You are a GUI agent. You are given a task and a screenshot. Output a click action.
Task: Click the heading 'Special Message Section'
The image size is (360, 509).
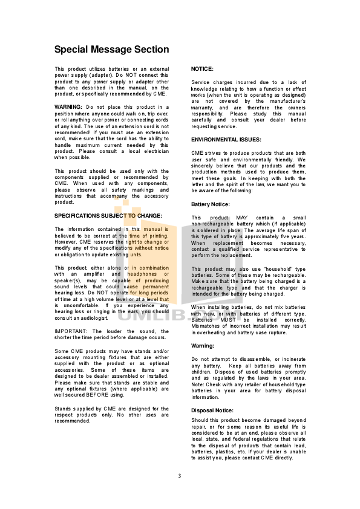point(112,50)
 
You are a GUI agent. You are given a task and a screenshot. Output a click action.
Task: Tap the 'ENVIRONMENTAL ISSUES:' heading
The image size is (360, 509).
point(226,140)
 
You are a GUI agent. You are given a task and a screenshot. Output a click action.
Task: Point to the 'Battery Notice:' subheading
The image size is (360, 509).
point(210,204)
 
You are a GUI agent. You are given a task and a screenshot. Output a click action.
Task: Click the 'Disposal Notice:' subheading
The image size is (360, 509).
point(212,410)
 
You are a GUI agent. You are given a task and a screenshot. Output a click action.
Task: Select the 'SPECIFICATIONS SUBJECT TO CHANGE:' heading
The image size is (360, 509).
point(108,216)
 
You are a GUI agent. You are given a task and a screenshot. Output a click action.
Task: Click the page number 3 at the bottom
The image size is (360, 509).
point(179,476)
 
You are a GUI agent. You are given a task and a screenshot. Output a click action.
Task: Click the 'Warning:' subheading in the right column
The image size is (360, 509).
point(203,346)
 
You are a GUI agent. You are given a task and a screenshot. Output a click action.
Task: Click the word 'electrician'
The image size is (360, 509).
point(157,151)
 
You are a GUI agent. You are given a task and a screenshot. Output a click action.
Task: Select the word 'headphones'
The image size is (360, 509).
point(142,274)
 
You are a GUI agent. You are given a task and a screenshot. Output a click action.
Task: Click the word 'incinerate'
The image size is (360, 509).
point(293,359)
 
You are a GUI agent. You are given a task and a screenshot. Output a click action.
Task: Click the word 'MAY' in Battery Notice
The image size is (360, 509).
point(242,218)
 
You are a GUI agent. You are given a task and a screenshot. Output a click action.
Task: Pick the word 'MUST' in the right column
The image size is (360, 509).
point(228,320)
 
